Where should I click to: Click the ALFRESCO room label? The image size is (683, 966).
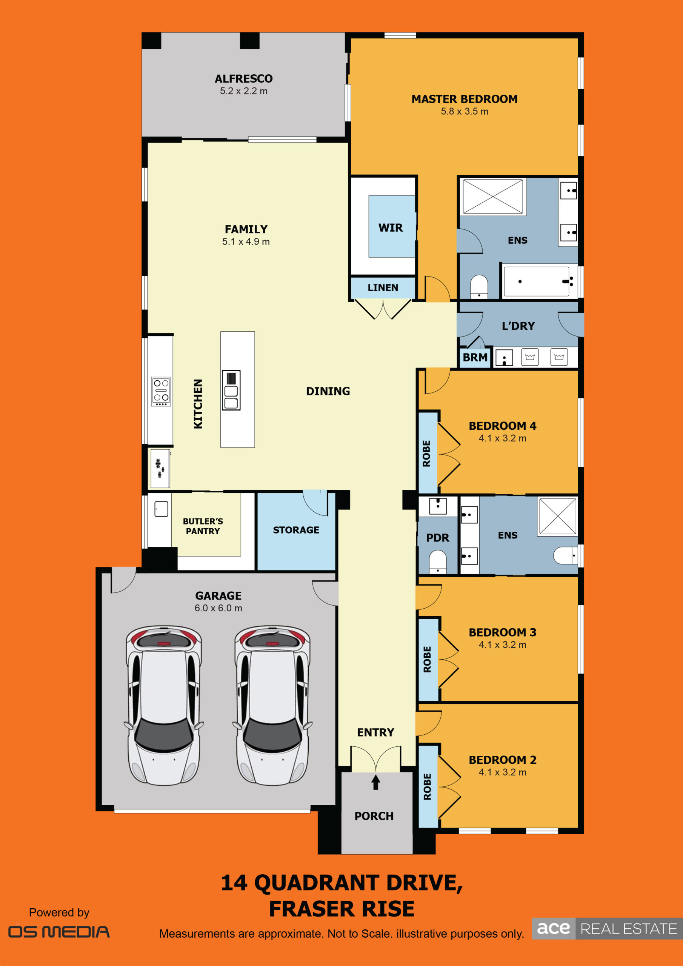point(244,79)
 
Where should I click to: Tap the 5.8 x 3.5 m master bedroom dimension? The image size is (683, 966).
point(465,111)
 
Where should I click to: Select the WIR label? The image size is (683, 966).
point(391,228)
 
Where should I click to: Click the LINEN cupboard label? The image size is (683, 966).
point(383,288)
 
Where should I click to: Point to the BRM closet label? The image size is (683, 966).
point(475,358)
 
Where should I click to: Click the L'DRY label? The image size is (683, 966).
point(518,326)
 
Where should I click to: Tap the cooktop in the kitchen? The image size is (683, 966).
point(161,392)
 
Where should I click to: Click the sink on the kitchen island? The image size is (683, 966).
point(231,391)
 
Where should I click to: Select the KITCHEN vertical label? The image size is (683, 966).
point(198,404)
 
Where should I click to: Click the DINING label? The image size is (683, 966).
point(328,391)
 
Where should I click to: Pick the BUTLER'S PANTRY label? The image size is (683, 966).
point(203,526)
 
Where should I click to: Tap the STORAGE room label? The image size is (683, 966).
point(296,530)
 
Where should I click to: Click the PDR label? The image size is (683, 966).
point(438,538)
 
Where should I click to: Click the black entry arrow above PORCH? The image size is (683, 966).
point(376,782)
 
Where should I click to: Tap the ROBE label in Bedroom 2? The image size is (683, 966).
point(427,787)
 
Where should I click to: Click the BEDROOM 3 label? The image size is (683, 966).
point(503,632)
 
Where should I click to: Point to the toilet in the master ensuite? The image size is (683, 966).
point(478,286)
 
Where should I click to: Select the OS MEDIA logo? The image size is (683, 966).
point(59,932)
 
